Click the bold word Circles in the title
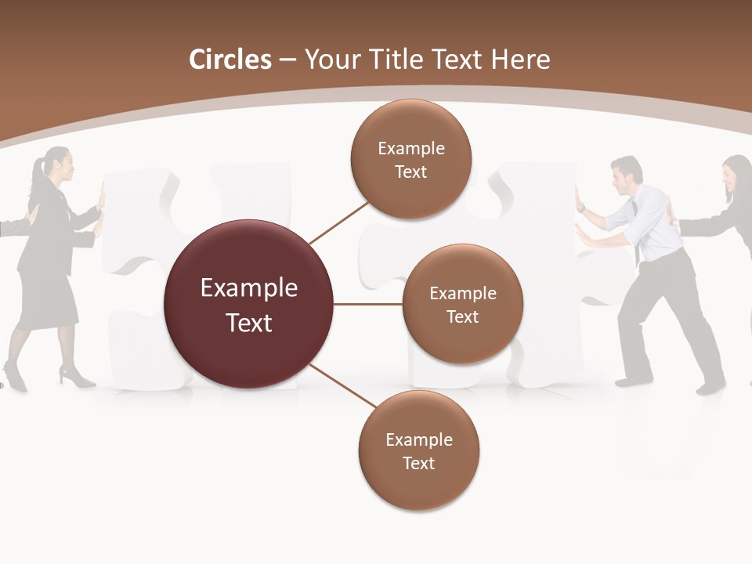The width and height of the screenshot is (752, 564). coord(230,60)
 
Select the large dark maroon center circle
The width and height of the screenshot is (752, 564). coord(249,304)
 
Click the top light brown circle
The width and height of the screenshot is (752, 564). coord(410,159)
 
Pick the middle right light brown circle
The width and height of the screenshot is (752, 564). coord(462,304)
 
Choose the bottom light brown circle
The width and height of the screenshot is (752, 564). coord(418,450)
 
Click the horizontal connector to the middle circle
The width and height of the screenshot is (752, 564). coord(368,304)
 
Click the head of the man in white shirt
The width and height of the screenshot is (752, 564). coord(627,174)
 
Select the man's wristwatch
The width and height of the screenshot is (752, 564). coord(580,208)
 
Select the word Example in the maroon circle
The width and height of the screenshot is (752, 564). coord(249,288)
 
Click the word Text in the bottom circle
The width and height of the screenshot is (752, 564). coord(418,463)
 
